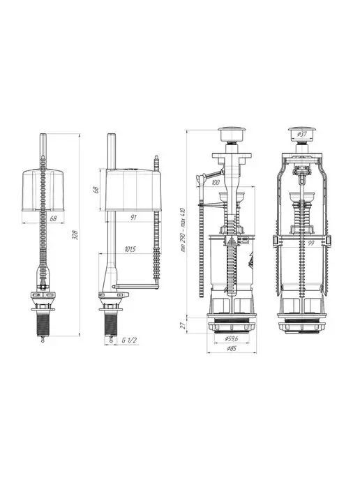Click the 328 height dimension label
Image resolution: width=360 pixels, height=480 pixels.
pos(75,235)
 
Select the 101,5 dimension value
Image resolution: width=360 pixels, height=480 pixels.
pos(130,249)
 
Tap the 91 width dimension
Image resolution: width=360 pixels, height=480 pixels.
pos(133,218)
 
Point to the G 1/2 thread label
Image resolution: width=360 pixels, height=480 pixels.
pos(129,340)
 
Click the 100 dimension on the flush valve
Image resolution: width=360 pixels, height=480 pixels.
pos(216,183)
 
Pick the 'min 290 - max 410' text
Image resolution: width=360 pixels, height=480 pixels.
pos(183,230)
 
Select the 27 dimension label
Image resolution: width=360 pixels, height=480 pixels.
pos(183,325)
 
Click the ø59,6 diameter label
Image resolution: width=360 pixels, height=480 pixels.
pos(232,338)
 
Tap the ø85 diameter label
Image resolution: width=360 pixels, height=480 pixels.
pos(232,348)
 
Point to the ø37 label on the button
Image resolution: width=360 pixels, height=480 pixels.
pos(302,134)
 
